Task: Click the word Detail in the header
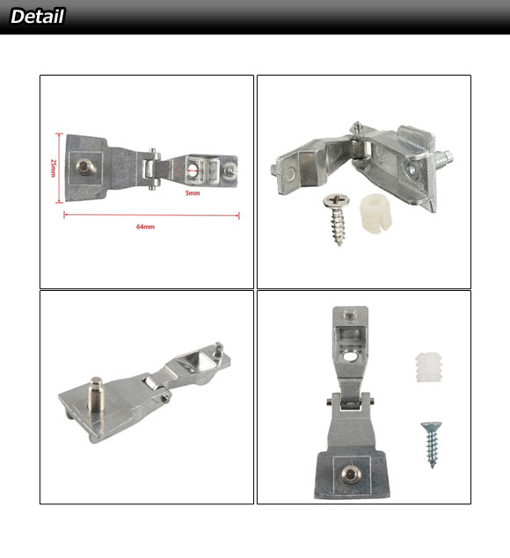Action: (x=38, y=17)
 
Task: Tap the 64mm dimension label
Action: (x=145, y=227)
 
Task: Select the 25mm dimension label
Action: (x=53, y=168)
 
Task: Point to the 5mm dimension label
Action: (x=193, y=192)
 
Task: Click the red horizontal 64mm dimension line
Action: (x=151, y=215)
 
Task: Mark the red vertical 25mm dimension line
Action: (x=59, y=168)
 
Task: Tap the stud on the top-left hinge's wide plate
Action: (x=85, y=167)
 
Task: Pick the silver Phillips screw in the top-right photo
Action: (x=336, y=218)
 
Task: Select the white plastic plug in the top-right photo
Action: (x=375, y=212)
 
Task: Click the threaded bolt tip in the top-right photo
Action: (x=444, y=157)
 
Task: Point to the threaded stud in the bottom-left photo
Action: (x=97, y=393)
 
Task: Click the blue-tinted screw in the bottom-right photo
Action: (x=431, y=444)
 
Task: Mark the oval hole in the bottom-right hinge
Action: (x=351, y=356)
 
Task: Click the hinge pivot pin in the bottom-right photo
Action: (x=350, y=402)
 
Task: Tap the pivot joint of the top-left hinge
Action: (x=151, y=169)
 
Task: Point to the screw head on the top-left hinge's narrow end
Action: (x=230, y=170)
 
